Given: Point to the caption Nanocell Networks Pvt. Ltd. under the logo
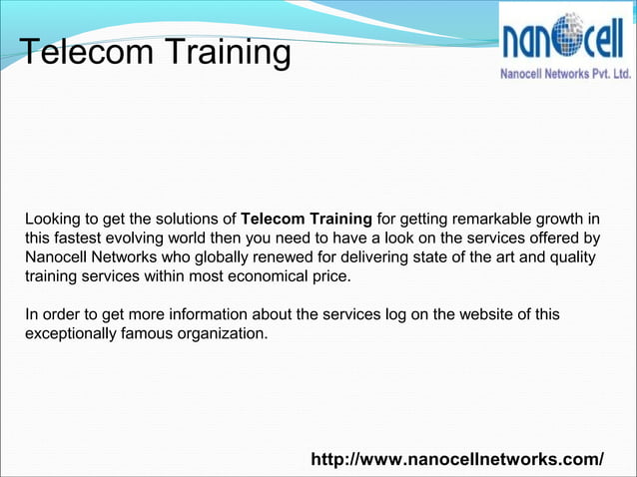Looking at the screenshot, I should tap(564, 75).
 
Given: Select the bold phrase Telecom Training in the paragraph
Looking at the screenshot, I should tap(307, 219).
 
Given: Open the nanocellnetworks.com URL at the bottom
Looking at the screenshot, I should tap(457, 459).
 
